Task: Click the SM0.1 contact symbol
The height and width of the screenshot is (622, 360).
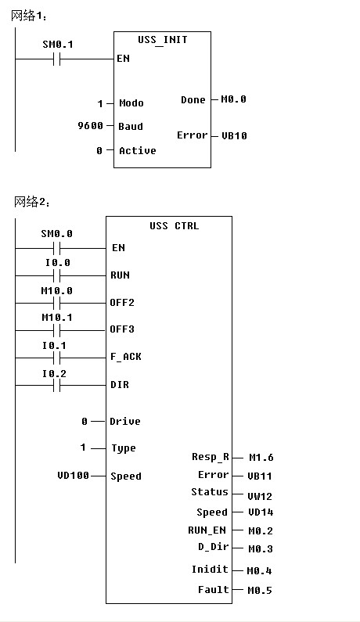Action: pyautogui.click(x=57, y=59)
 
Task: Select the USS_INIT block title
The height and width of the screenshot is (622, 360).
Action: pyautogui.click(x=162, y=40)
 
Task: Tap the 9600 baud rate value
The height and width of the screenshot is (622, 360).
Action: pyautogui.click(x=91, y=126)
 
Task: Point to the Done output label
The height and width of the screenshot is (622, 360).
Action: pyautogui.click(x=193, y=99)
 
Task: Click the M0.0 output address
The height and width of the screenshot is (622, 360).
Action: pyautogui.click(x=233, y=99)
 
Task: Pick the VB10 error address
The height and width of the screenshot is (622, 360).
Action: pyautogui.click(x=234, y=135)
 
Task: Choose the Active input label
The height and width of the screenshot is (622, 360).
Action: pyautogui.click(x=138, y=151)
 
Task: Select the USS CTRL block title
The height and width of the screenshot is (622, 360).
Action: pyautogui.click(x=175, y=225)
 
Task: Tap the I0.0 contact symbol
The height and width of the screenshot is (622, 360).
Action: pyautogui.click(x=57, y=275)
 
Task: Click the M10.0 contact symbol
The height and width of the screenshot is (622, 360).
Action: pyautogui.click(x=57, y=304)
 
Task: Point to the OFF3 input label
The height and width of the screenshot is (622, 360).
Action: pyautogui.click(x=122, y=329)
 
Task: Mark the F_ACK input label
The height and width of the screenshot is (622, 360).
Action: pyautogui.click(x=126, y=357)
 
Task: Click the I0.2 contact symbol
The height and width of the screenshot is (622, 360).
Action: pyautogui.click(x=57, y=385)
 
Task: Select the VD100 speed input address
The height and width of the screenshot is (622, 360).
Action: pyautogui.click(x=74, y=475)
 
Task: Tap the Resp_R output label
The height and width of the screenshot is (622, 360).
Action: pyautogui.click(x=211, y=457)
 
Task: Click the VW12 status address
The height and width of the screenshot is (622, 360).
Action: pyautogui.click(x=260, y=496)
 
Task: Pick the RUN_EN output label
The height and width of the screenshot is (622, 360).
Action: pyautogui.click(x=207, y=530)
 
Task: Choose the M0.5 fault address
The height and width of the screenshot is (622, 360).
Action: pyautogui.click(x=260, y=590)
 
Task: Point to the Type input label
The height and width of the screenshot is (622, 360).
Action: pyautogui.click(x=124, y=448)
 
